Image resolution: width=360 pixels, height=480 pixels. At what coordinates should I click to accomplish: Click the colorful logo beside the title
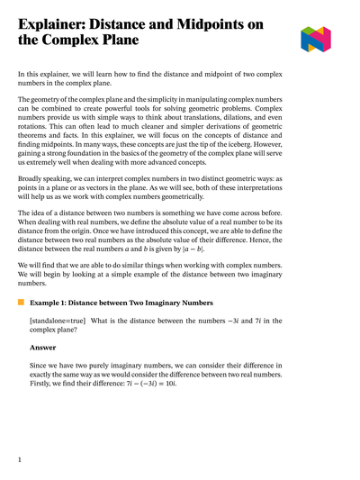315,39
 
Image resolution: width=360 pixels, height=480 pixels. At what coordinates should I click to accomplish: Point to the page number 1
20,460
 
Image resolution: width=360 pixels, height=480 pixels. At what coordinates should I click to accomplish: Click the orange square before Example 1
21,304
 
